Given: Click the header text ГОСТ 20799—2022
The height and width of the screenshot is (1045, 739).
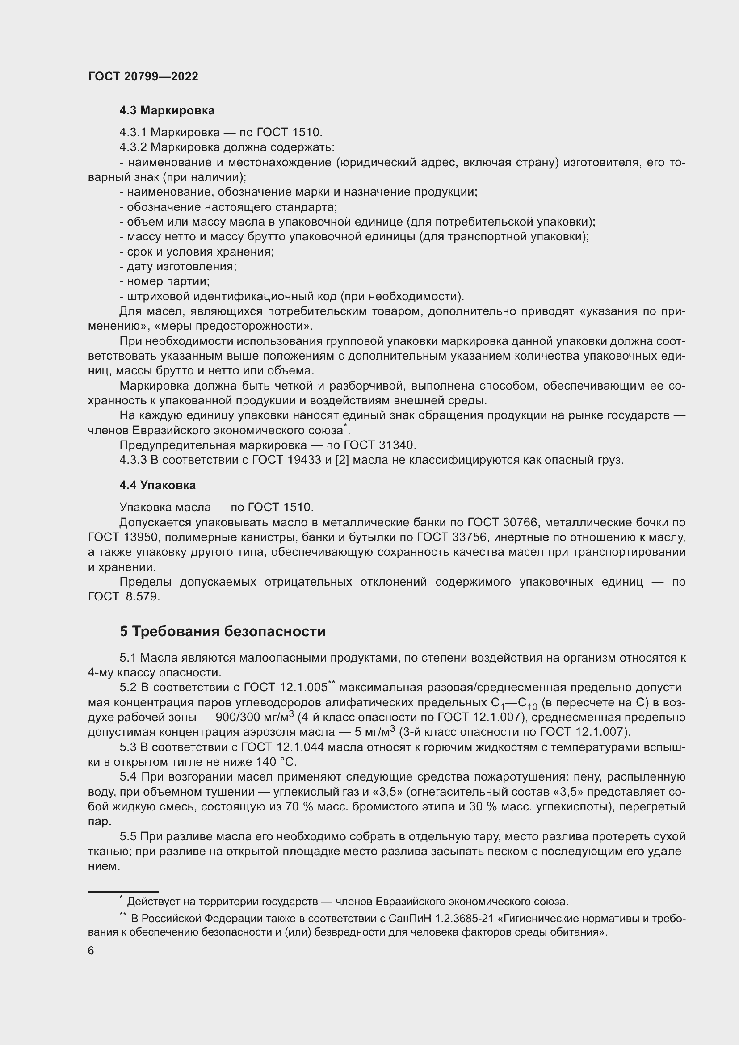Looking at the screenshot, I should pyautogui.click(x=143, y=76).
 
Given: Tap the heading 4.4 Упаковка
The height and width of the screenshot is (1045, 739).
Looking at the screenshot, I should pyautogui.click(x=157, y=485).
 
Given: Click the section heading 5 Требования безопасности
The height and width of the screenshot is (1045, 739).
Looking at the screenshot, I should pyautogui.click(x=223, y=631).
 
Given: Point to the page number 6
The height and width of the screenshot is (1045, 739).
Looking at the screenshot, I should pyautogui.click(x=91, y=951).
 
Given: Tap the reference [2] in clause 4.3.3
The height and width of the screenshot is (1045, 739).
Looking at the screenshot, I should pyautogui.click(x=342, y=460).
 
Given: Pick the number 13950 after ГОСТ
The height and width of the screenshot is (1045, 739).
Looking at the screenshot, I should pyautogui.click(x=140, y=537).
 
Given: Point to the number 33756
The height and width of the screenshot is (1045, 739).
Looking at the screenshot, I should pyautogui.click(x=469, y=537).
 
